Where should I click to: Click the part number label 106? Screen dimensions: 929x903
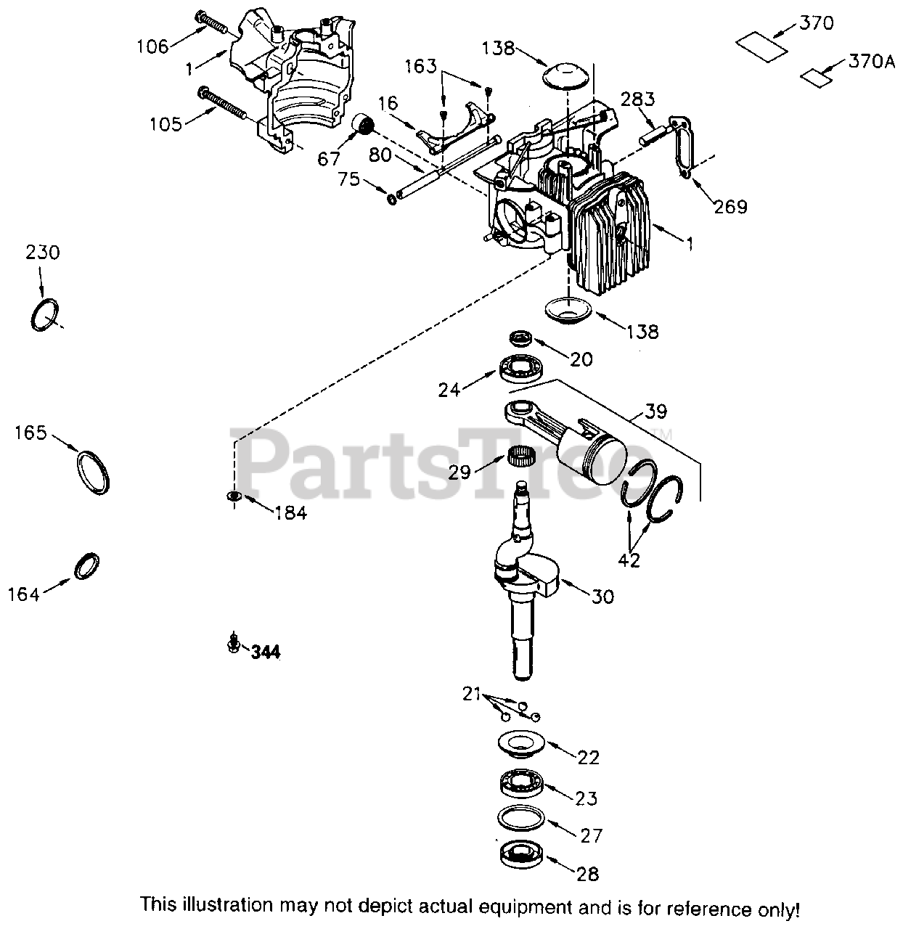152,46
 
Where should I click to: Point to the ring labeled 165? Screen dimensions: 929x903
94,472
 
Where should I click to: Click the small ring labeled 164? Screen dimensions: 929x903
87,566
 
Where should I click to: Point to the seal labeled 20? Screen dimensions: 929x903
520,337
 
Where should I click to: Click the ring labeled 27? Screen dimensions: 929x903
521,818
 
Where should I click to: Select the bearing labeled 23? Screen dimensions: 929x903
522,784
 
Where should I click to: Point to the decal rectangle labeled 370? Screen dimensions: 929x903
761,43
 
